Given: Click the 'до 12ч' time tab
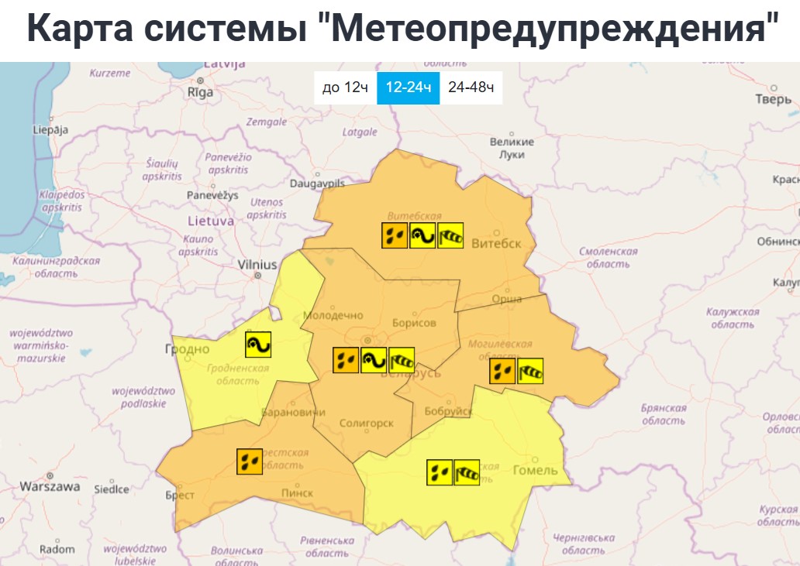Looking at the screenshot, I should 345,87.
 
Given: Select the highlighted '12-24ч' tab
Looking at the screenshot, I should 408,87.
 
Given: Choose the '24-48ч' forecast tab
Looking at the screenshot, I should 471,87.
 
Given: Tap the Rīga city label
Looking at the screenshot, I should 200,92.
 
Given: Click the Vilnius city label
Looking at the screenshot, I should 257,265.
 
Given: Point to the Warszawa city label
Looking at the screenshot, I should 50,487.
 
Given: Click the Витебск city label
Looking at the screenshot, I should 496,242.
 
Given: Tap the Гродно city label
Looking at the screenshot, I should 187,349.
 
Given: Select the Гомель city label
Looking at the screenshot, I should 536,470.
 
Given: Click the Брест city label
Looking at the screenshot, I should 180,496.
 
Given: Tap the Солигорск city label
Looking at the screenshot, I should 367,424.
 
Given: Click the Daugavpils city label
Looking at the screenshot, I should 316,184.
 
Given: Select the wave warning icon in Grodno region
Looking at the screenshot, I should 258,344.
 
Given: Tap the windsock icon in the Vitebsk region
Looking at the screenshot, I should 450,235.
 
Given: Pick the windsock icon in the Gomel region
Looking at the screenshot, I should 467,472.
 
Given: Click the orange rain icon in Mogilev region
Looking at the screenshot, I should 502,371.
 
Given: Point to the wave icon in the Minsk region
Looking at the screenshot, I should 374,359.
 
